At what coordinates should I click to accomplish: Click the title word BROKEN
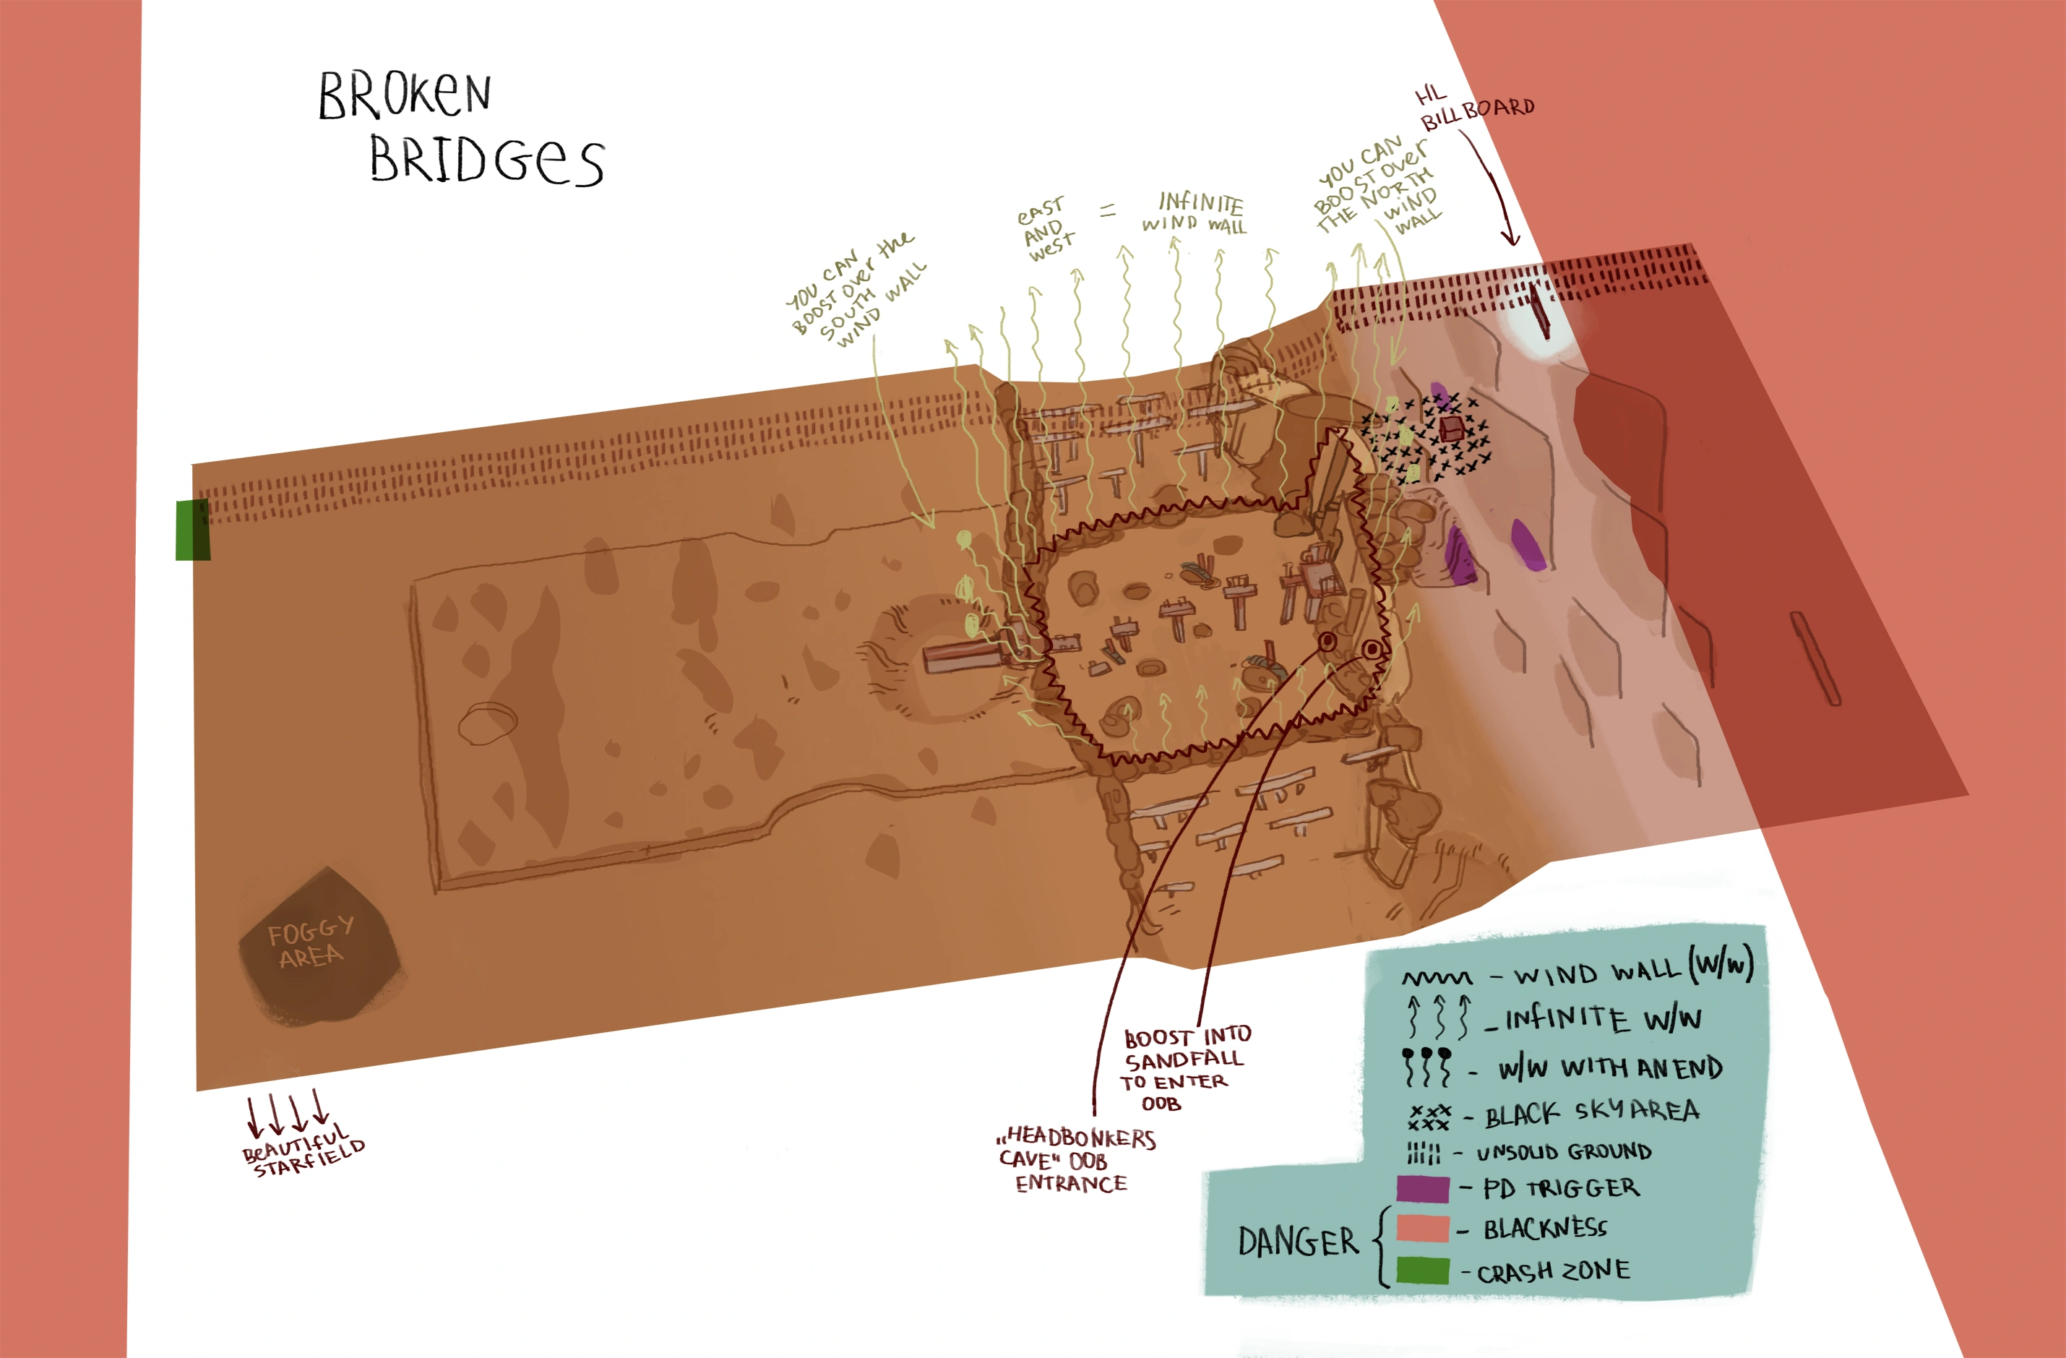click(405, 95)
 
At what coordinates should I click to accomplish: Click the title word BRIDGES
click(486, 160)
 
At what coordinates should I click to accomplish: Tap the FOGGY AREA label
click(310, 943)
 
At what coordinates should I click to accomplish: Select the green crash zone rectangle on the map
click(193, 530)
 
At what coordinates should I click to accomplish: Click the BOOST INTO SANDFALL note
click(1186, 1069)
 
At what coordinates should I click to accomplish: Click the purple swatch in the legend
click(1423, 1189)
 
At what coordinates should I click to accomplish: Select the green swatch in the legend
click(1423, 1271)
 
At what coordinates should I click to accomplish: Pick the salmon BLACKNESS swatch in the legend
click(1423, 1229)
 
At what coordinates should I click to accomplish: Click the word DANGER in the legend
click(1298, 1242)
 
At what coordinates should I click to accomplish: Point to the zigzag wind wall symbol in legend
click(1437, 979)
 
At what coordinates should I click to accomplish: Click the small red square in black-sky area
click(1452, 428)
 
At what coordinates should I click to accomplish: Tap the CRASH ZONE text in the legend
click(1554, 1272)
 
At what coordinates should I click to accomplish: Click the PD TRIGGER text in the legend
click(1562, 1189)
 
